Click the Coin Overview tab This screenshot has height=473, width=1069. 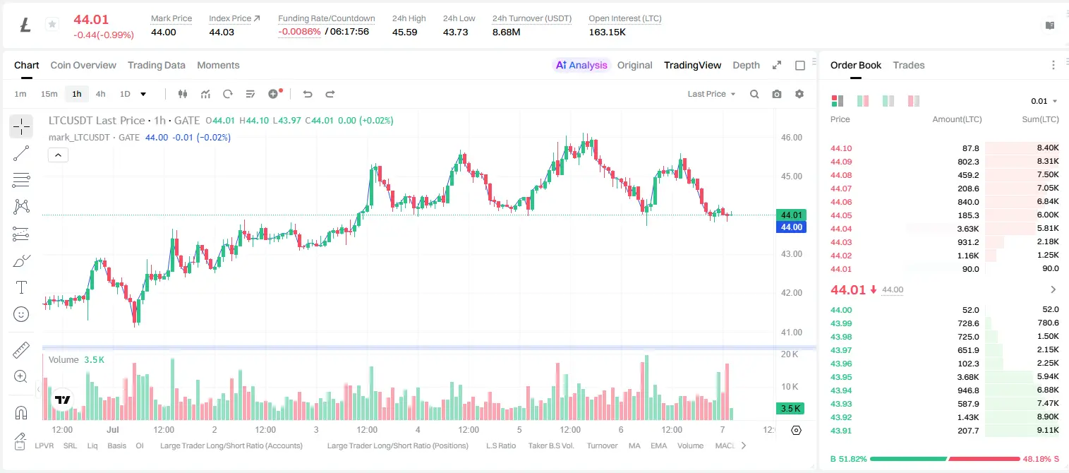pos(83,65)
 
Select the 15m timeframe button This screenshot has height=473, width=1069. pos(49,94)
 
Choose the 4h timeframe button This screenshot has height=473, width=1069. pos(100,94)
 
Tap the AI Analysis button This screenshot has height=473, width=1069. pos(581,65)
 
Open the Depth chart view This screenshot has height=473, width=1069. pos(746,65)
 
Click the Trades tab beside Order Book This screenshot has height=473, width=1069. pos(909,65)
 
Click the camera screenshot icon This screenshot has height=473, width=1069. pos(777,94)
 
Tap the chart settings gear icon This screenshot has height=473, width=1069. pos(799,94)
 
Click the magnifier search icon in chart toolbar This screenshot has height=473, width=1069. pos(754,94)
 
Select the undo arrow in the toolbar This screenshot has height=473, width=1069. pos(308,94)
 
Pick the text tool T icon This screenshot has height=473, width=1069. pos(21,287)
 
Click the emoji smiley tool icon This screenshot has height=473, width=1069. pos(21,314)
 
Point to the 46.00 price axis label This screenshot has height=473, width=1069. pos(791,138)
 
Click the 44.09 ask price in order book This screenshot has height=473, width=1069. pos(841,162)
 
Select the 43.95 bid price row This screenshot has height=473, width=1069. pos(841,377)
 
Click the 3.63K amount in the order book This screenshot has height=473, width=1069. pos(968,229)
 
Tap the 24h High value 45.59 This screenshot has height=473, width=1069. pos(405,32)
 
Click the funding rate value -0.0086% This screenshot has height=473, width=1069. pos(299,32)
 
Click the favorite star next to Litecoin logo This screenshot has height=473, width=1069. pos(52,24)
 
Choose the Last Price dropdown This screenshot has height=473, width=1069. pos(711,94)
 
